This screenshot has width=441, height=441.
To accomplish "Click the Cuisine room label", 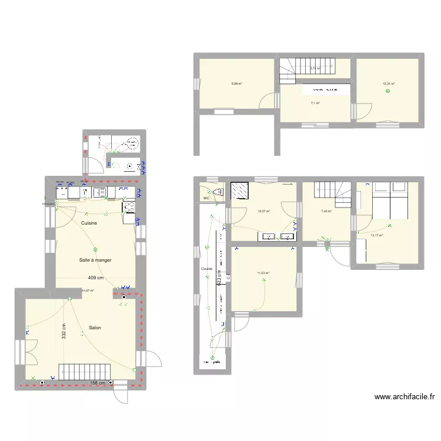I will coord(89,223).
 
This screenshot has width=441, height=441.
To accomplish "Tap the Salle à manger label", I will coord(95,260).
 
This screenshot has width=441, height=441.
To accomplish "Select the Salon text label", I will coord(95,328).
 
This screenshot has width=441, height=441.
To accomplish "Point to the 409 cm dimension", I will coord(95,278).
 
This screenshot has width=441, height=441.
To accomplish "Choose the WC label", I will coord(206,199).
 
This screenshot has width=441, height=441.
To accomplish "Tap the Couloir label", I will coord(206,269).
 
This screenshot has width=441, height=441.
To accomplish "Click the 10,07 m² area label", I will coord(263,212).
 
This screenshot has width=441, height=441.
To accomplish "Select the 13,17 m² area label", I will coord(377,236).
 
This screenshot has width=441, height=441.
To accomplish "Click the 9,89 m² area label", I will coord(236,84).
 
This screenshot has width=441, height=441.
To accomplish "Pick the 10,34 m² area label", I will coord(389,84).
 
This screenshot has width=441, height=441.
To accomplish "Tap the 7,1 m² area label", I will coord(315,103).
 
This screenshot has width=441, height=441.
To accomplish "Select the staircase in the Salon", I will coord(85,372).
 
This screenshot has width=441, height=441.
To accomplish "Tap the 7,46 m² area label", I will coord(326,212).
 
